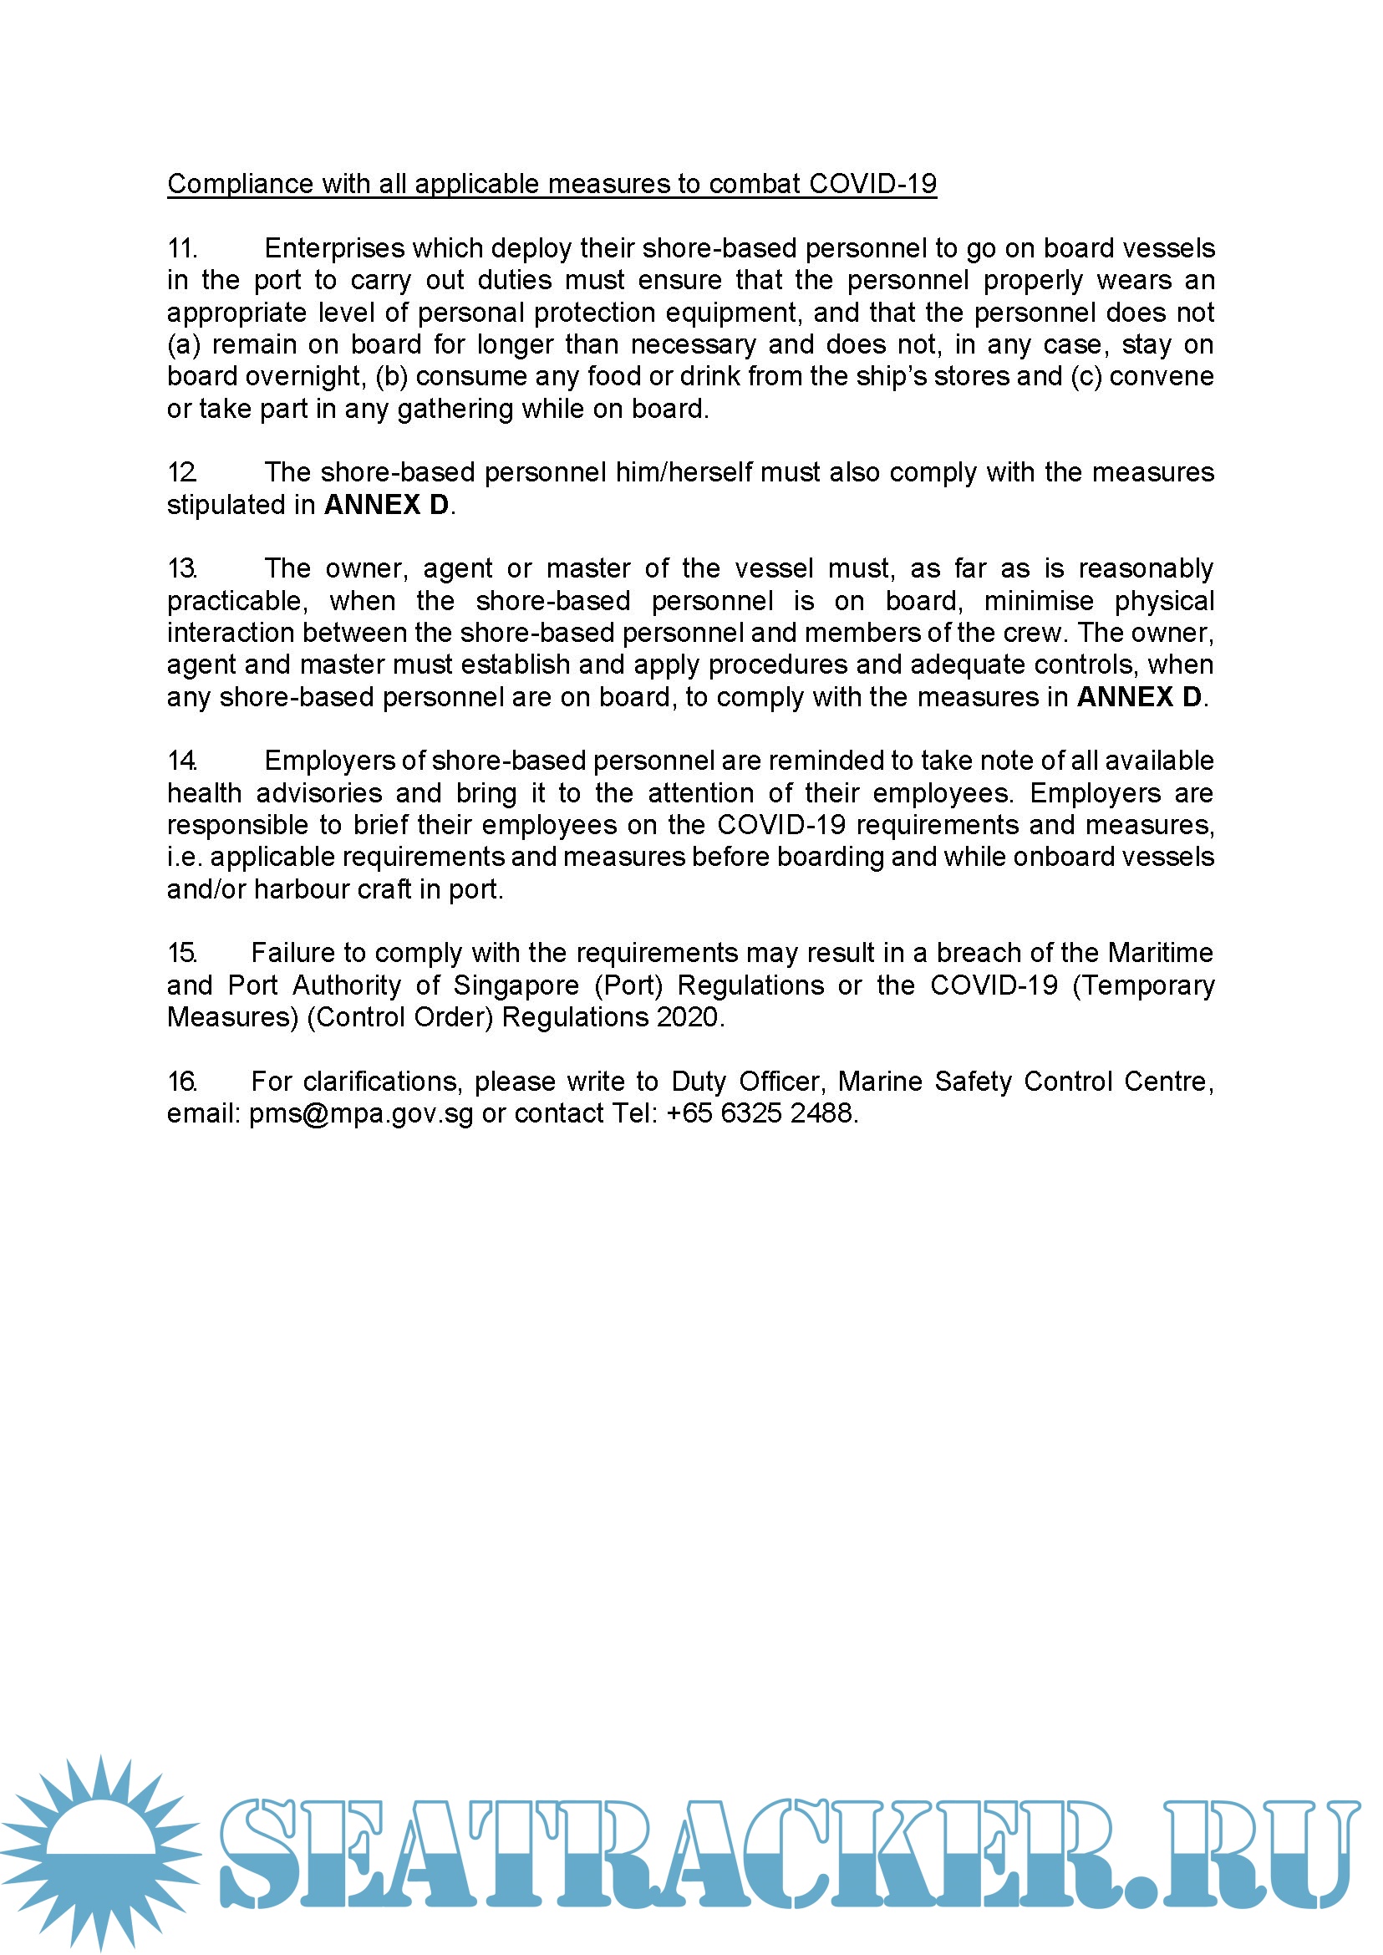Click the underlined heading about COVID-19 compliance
coord(551,184)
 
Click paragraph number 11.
coord(182,249)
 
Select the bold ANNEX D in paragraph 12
coord(386,505)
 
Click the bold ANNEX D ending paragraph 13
coord(1139,697)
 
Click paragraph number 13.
coord(182,569)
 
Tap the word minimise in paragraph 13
coord(1038,602)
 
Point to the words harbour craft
coord(333,889)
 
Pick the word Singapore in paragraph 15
coord(516,985)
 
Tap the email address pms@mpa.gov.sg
coord(361,1114)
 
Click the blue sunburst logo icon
coord(100,1852)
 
